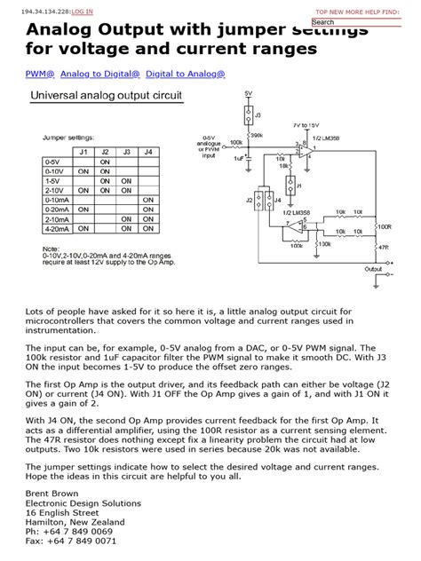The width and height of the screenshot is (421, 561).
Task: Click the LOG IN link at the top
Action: click(83, 12)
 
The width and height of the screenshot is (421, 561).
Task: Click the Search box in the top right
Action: click(360, 22)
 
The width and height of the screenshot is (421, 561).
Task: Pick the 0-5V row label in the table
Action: click(52, 162)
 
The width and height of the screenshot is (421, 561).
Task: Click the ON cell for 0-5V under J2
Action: click(105, 162)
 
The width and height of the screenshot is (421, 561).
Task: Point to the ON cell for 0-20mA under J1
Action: click(83, 209)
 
